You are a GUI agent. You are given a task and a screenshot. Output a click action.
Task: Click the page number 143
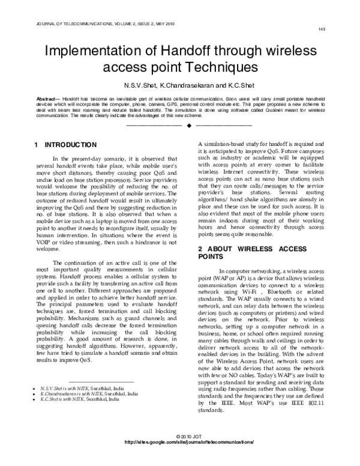[x=322, y=29]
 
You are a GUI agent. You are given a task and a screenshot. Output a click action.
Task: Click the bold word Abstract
[x=47, y=96]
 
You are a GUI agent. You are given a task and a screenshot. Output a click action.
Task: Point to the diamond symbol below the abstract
[x=188, y=127]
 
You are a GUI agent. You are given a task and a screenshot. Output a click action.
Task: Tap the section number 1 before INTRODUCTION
[x=37, y=145]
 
